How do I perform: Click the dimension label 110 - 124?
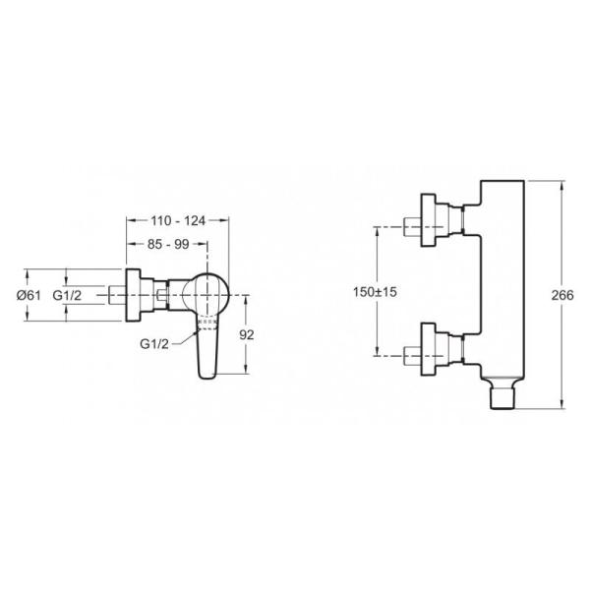click(178, 221)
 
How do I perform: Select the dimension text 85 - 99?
click(168, 244)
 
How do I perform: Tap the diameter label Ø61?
click(29, 295)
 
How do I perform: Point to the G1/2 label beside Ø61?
click(67, 295)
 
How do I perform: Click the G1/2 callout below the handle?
click(154, 343)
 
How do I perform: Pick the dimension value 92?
click(247, 334)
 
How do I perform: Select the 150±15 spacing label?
click(375, 292)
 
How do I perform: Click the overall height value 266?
click(562, 295)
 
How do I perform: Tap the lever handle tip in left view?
click(206, 375)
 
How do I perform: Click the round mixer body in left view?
click(206, 295)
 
